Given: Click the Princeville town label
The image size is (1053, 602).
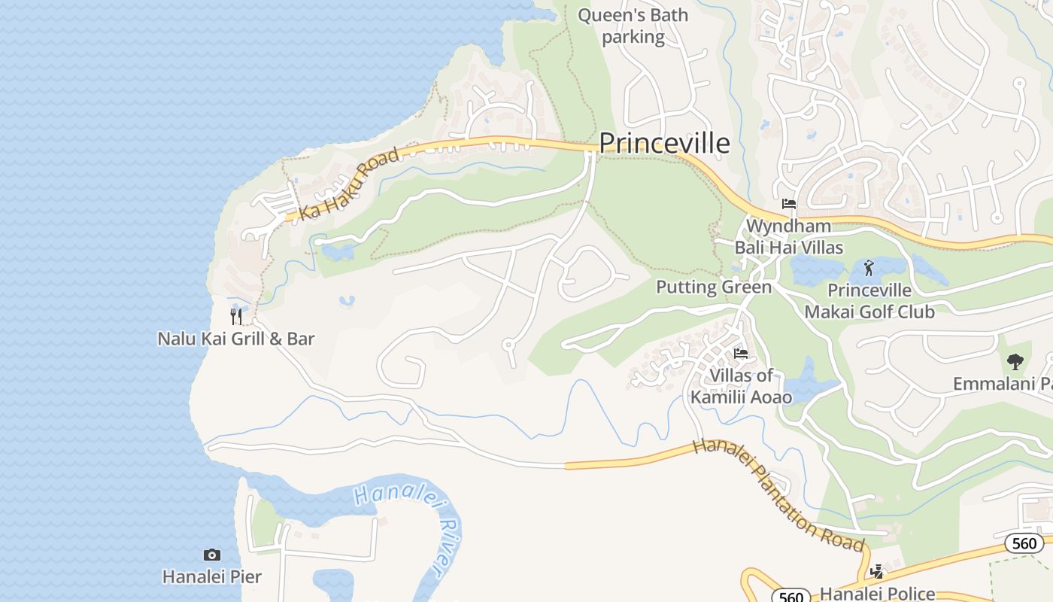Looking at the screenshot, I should point(664,143).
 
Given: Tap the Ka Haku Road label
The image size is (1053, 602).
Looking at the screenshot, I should point(349,184).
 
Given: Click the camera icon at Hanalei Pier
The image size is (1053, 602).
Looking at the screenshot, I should point(212,555).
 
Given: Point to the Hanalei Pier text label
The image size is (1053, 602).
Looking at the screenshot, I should point(212,577).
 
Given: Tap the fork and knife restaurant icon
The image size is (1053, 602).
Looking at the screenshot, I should point(236,317).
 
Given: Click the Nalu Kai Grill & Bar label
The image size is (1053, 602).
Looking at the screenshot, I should point(235,339).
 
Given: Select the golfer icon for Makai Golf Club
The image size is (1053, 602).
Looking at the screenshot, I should point(869,267).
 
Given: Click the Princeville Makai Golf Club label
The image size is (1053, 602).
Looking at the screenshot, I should point(869,301).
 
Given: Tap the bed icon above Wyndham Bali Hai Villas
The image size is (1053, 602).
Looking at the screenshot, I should point(788,204).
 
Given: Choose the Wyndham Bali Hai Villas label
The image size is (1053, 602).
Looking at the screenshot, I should point(788,236).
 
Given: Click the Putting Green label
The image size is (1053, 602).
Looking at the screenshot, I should point(714,287).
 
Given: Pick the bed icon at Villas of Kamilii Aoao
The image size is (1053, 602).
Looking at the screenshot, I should point(741,353).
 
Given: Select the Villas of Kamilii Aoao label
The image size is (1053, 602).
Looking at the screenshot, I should point(741,385).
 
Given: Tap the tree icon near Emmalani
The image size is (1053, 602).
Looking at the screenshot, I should point(1015,362).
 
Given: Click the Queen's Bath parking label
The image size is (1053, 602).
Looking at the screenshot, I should point(633,26).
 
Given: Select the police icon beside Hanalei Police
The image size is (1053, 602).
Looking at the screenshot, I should point(876,572).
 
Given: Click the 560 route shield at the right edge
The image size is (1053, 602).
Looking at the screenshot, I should point(1024,543).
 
